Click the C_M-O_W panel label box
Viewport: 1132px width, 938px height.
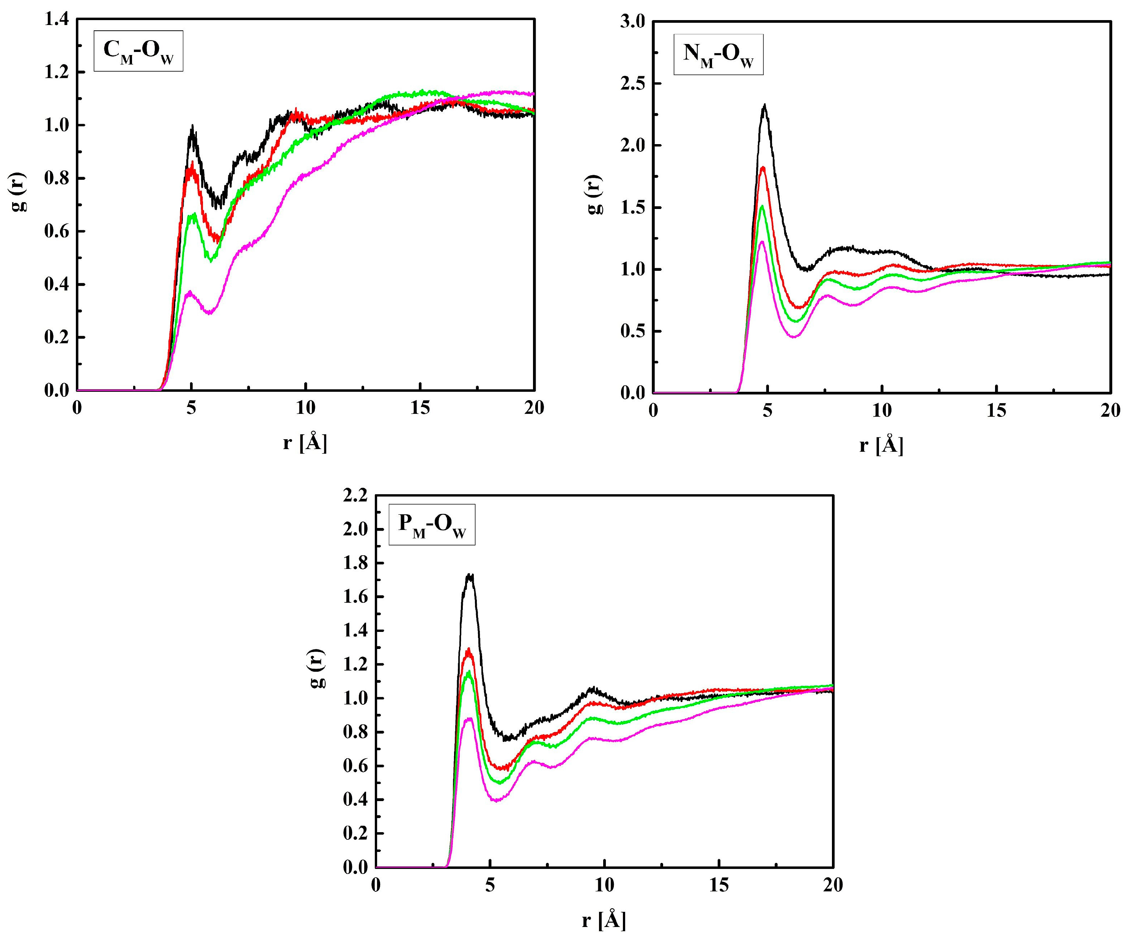pos(138,51)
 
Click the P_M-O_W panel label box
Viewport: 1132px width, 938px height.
pos(432,525)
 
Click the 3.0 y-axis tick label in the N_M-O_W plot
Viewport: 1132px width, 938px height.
pos(633,22)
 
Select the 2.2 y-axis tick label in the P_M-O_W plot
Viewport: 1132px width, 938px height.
pos(355,495)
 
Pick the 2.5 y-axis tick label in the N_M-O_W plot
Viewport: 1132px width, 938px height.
pos(633,83)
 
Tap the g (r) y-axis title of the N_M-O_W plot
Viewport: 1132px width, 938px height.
pos(594,195)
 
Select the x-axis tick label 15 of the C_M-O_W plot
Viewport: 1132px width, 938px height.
pos(420,408)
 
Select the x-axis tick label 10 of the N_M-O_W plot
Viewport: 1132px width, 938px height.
pos(882,411)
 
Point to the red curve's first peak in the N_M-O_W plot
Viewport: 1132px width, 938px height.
pos(763,168)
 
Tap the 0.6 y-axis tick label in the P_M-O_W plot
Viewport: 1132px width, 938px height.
pos(355,766)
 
